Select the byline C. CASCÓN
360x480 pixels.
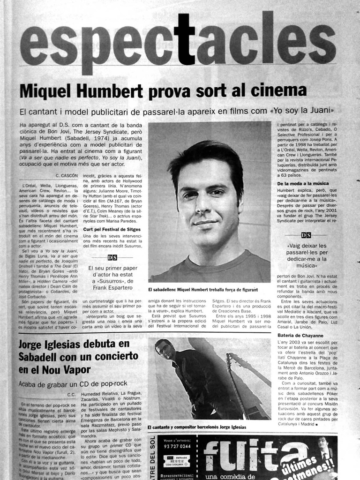(67, 175)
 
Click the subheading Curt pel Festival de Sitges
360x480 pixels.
(112, 229)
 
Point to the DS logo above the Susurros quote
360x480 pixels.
(112, 257)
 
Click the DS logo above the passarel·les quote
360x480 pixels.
(306, 235)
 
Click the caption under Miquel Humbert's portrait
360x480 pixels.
(203, 290)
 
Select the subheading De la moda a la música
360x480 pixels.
(303, 183)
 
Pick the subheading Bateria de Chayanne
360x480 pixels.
(300, 336)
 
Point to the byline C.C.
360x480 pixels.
(71, 394)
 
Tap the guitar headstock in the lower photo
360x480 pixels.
(230, 359)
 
